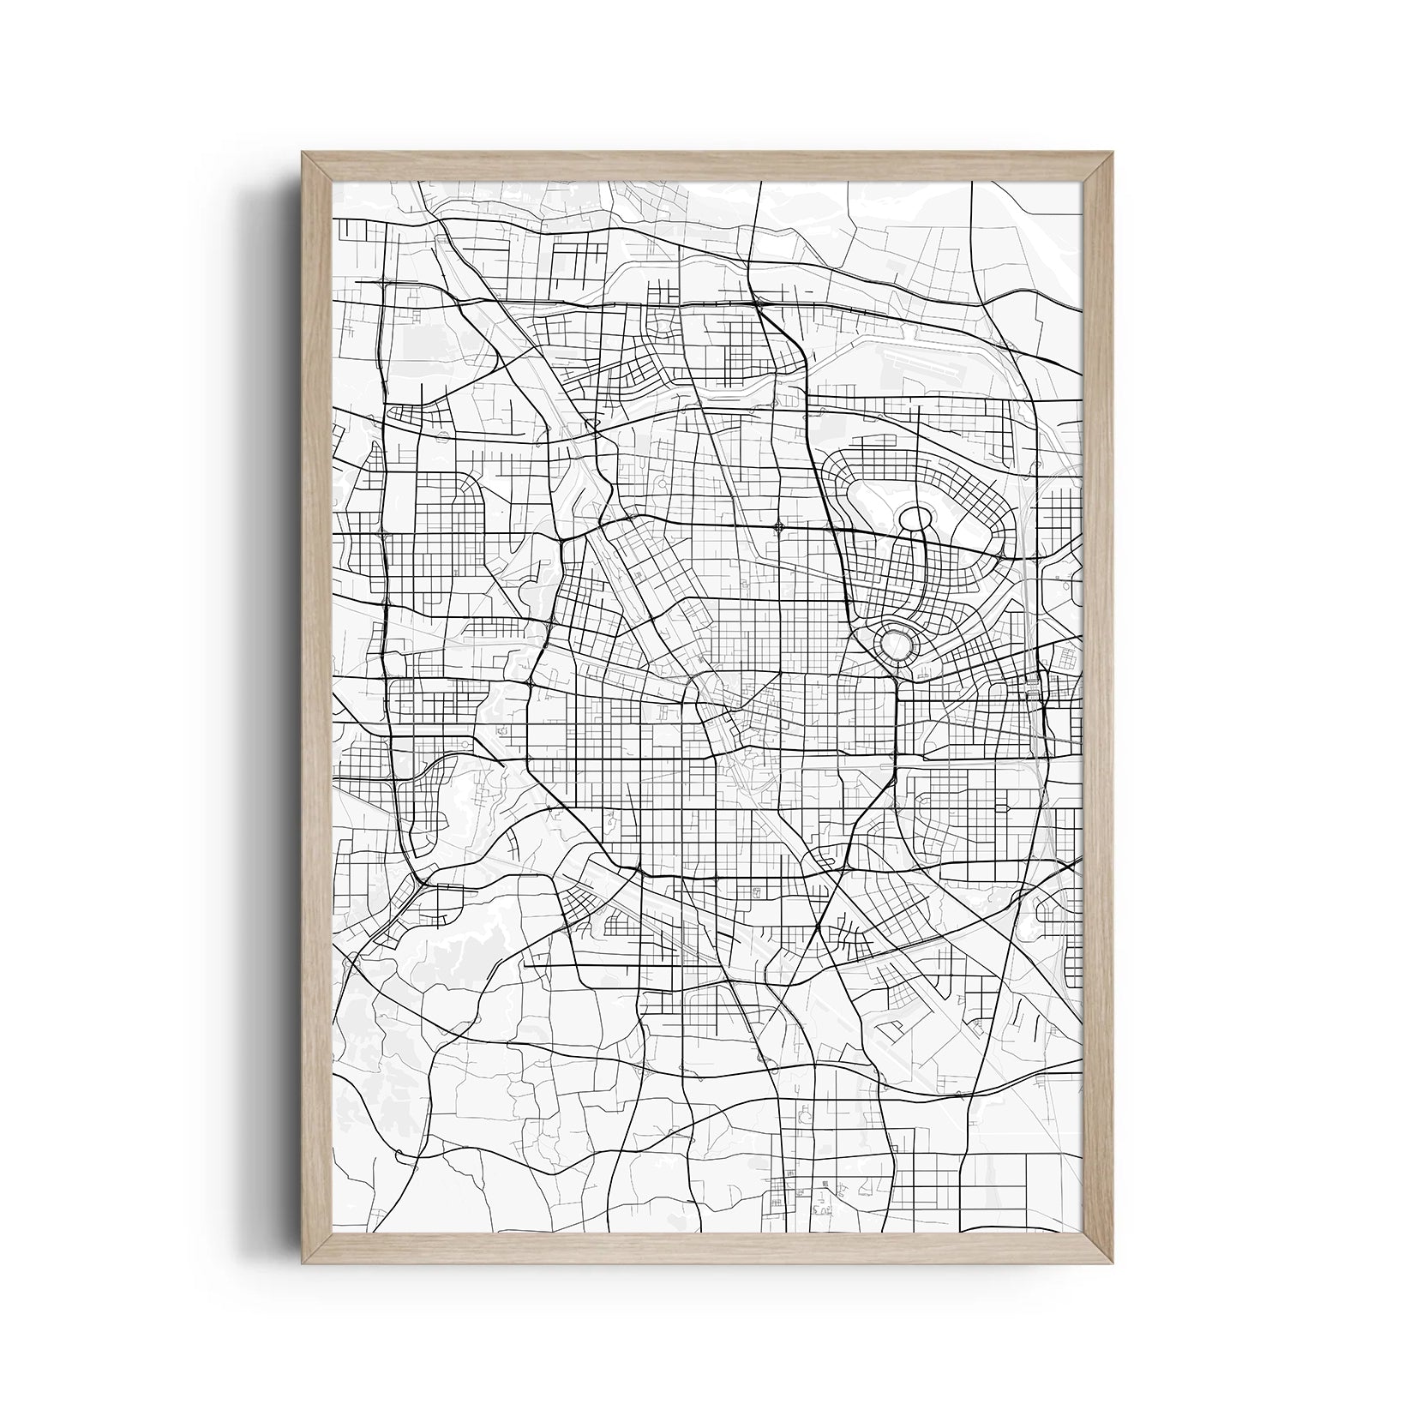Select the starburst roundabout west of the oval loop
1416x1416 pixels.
click(x=778, y=527)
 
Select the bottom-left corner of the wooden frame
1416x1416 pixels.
click(x=303, y=1263)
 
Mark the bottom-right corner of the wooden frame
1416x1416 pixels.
click(x=1113, y=1263)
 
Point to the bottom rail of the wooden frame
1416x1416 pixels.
click(x=708, y=1248)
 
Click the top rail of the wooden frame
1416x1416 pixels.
click(x=708, y=167)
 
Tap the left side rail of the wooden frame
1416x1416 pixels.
click(x=317, y=708)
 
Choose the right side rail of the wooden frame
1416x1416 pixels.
click(x=1098, y=708)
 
